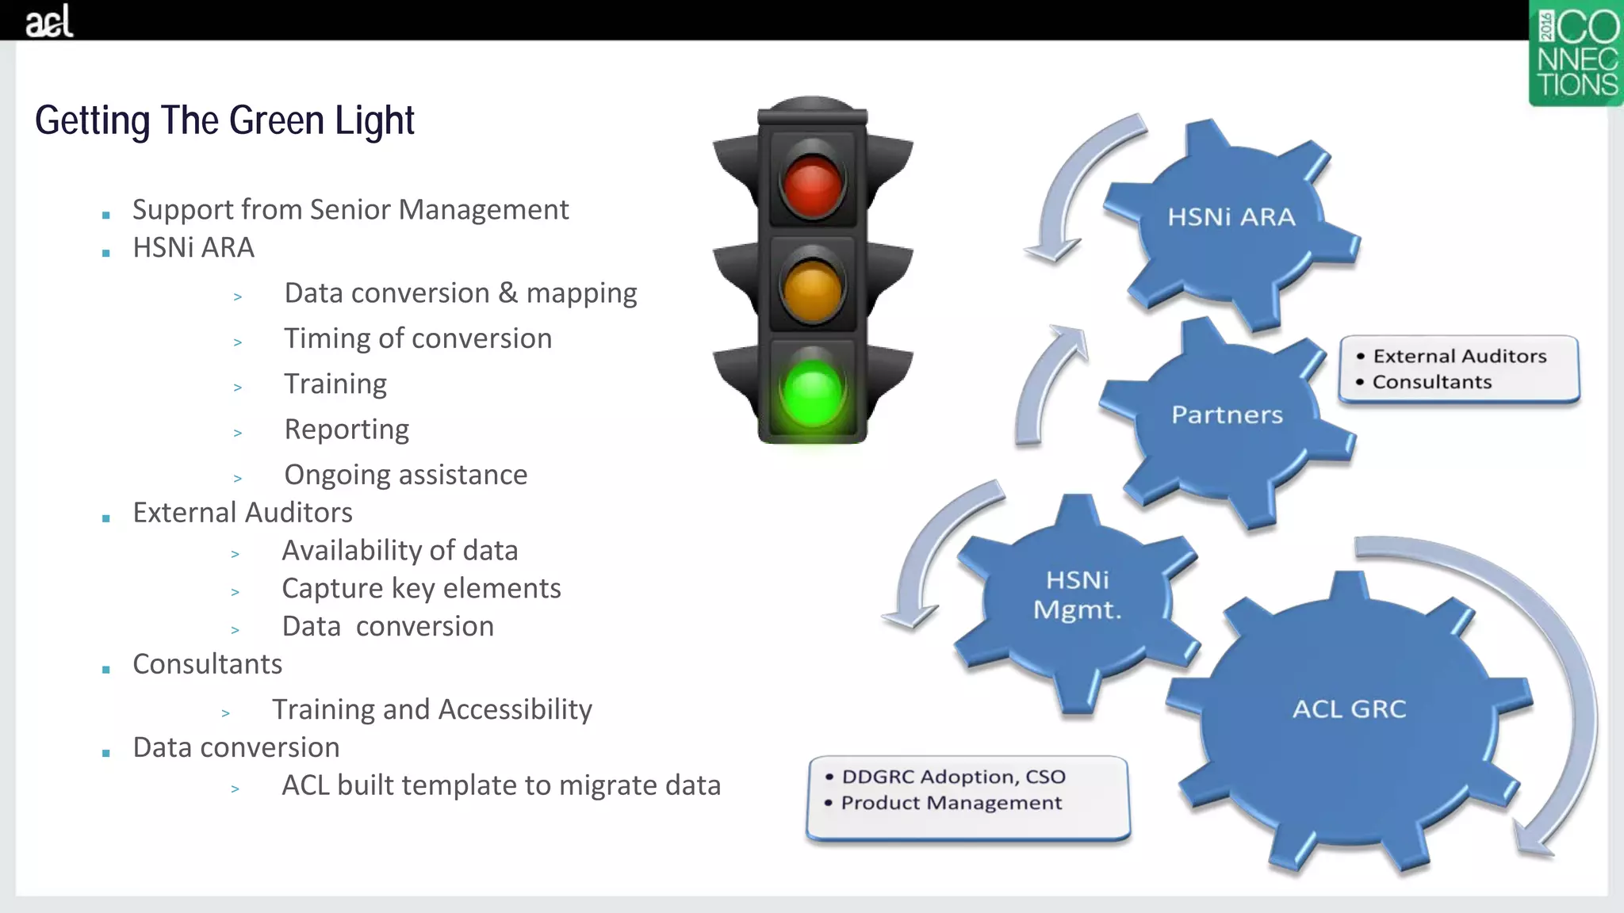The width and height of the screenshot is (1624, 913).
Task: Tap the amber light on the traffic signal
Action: click(812, 288)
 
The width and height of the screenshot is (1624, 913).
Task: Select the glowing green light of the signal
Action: click(812, 393)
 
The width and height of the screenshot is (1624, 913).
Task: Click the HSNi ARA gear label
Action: click(1231, 217)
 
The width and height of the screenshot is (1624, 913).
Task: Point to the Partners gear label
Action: click(1227, 414)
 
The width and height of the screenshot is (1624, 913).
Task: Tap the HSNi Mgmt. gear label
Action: click(1077, 594)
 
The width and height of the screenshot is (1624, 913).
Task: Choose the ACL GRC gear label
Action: click(1349, 709)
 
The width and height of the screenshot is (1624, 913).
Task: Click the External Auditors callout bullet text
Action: click(1459, 356)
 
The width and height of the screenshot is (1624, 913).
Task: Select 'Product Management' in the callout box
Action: click(951, 803)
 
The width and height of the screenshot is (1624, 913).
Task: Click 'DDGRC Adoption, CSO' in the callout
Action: click(953, 777)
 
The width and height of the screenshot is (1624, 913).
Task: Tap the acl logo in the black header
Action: click(49, 21)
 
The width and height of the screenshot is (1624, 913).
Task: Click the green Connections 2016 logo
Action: click(1575, 54)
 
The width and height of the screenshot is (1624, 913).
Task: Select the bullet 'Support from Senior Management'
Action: click(350, 209)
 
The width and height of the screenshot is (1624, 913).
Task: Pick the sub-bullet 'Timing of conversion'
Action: click(418, 338)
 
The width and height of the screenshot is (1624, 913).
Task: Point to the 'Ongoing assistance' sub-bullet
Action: click(405, 475)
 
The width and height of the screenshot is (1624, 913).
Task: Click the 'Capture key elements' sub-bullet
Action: click(421, 588)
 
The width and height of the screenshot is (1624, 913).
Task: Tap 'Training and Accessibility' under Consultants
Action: click(431, 709)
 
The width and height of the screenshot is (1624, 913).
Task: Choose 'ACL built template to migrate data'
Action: click(501, 785)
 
